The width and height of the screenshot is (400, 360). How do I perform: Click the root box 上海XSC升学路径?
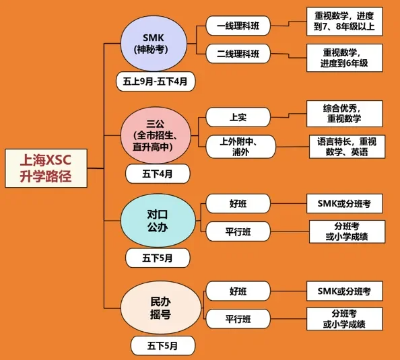46,168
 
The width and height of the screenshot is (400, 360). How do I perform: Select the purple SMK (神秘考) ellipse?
154,43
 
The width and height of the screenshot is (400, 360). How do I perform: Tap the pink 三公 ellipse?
156,135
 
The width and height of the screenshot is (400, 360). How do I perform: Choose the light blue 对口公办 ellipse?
158,221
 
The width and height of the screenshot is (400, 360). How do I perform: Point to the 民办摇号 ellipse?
161,308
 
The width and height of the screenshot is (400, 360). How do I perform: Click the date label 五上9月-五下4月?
156,81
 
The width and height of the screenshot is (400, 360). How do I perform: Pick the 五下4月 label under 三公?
158,174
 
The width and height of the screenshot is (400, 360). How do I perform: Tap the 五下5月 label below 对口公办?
158,258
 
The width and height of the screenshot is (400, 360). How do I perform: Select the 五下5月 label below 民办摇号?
163,346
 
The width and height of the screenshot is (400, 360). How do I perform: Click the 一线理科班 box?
238,26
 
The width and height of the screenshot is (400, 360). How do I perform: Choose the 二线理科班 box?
238,54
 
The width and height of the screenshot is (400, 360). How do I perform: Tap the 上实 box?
238,117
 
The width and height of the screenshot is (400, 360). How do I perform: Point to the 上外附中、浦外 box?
241,147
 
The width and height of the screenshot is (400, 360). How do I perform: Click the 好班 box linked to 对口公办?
238,203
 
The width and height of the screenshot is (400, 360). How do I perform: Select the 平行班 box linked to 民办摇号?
238,319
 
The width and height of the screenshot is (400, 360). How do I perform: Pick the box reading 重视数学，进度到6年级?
344,58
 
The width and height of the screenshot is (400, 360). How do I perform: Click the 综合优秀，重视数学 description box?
344,114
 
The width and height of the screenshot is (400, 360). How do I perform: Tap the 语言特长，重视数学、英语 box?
347,147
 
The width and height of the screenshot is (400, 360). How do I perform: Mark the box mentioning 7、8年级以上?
344,22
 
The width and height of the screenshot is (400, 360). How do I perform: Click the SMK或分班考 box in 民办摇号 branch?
344,291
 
